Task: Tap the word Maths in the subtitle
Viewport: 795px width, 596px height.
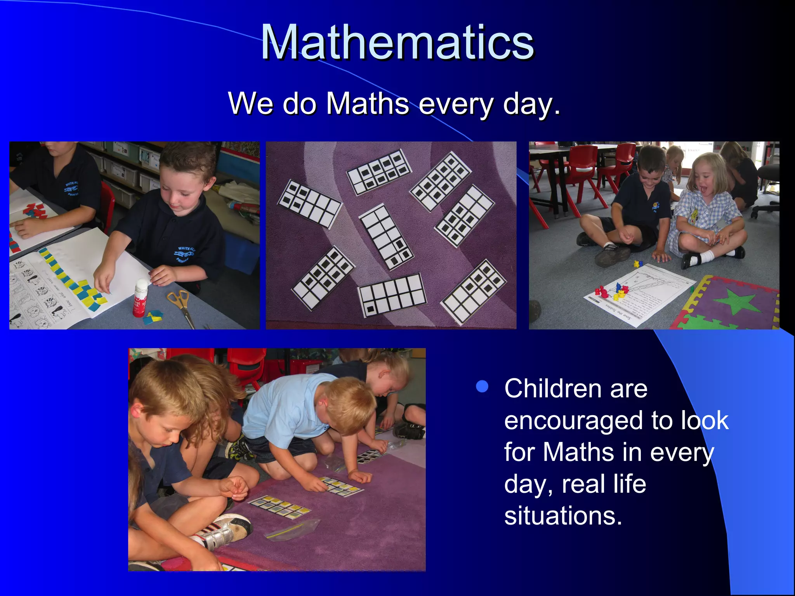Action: (x=367, y=104)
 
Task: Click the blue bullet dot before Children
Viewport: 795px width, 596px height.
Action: (x=482, y=386)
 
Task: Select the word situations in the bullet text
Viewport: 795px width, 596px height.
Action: (x=563, y=516)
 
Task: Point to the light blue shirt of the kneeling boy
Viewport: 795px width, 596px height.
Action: (x=285, y=407)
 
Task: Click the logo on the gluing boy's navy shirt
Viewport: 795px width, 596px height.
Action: (x=185, y=254)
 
